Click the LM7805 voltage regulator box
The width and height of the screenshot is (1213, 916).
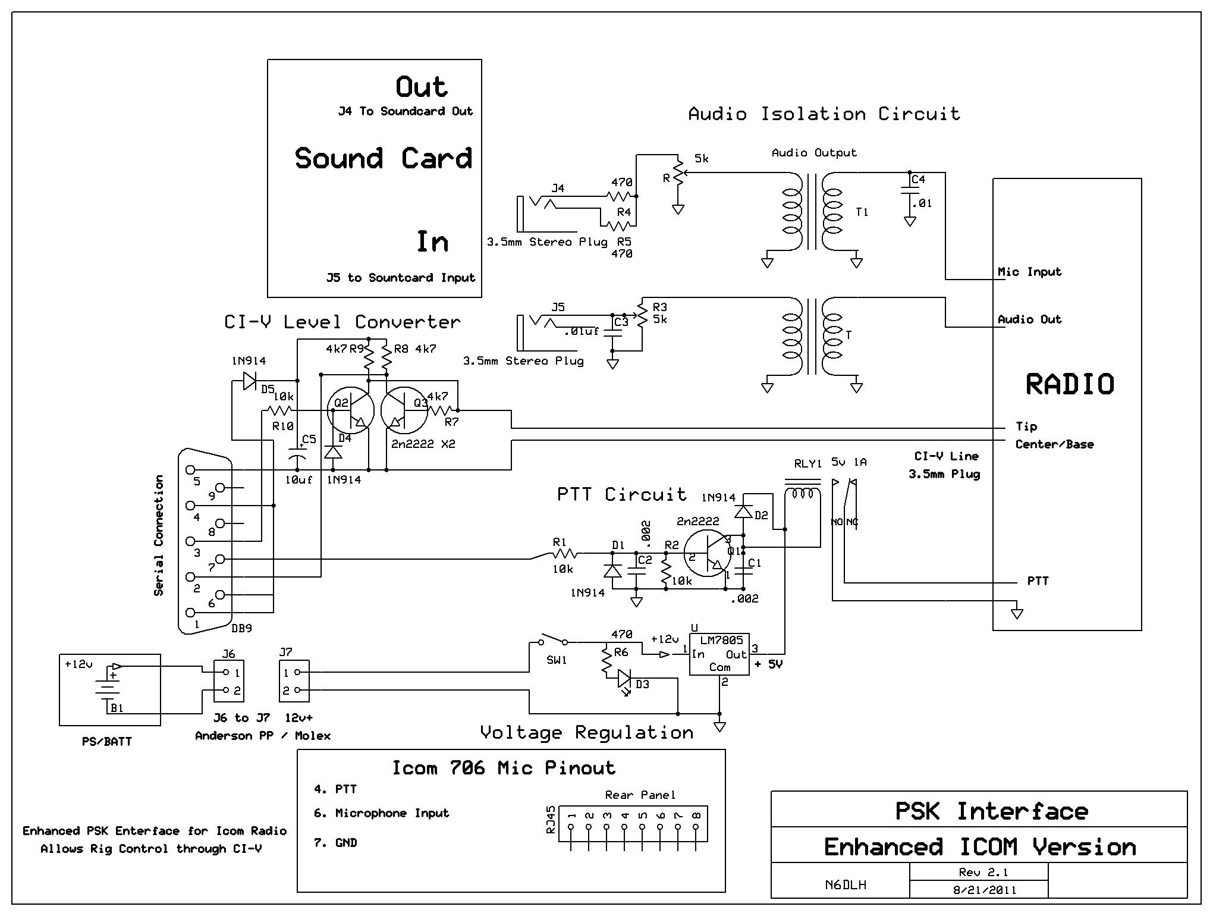[719, 654]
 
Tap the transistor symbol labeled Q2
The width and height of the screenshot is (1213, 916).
[351, 410]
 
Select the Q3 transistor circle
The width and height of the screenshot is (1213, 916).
[404, 410]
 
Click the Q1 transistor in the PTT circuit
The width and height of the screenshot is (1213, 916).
[708, 554]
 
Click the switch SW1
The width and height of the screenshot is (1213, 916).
[552, 641]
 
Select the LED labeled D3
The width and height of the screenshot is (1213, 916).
[624, 678]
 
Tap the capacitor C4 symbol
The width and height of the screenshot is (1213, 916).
[910, 190]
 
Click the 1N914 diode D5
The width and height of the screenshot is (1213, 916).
[250, 381]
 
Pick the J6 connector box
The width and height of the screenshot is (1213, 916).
[229, 681]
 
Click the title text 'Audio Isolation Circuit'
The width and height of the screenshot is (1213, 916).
[824, 114]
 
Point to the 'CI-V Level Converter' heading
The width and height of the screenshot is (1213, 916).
[342, 322]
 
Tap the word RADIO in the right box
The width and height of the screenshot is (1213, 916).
[1070, 384]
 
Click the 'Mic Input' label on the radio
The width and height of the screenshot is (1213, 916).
[1029, 272]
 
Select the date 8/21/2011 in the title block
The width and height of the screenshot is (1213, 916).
[979, 890]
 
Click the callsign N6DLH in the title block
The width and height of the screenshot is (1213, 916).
[846, 884]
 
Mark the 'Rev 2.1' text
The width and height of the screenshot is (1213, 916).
[979, 873]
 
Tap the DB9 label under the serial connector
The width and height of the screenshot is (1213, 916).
[242, 628]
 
